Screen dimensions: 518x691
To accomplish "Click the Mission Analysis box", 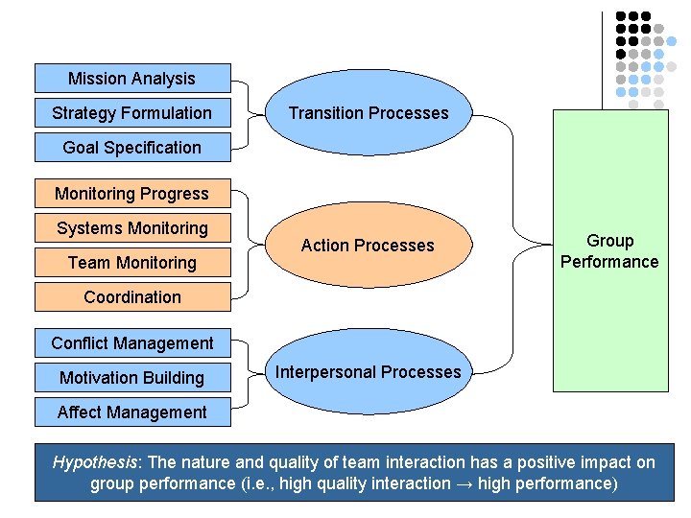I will tap(132, 79).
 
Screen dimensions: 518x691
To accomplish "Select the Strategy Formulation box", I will tap(132, 113).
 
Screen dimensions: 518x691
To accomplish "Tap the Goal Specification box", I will tap(132, 148).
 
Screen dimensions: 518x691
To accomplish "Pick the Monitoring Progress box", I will tap(132, 194).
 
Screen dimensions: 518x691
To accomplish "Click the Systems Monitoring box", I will tap(132, 228).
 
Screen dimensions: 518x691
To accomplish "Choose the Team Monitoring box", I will tap(132, 263).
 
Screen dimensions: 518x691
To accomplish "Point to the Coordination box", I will tap(132, 297).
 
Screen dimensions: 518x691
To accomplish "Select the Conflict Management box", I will tap(132, 343).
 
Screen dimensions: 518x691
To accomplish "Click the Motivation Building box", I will tap(132, 378).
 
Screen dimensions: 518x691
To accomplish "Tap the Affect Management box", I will tap(132, 412).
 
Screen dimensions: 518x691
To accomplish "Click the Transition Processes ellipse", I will tap(369, 113).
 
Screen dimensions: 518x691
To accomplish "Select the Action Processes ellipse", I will tap(369, 246).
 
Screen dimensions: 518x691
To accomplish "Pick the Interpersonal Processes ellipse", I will tap(369, 372).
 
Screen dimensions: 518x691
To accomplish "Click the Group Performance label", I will tap(609, 251).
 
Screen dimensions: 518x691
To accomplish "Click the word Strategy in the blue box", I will tap(83, 113).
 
